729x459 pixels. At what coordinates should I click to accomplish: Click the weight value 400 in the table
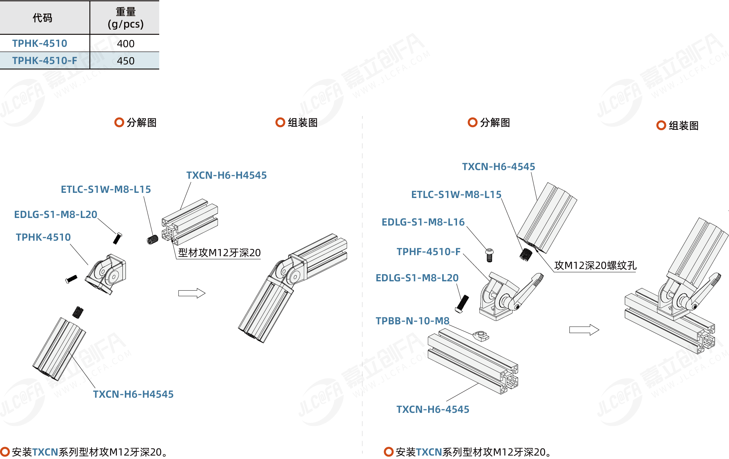[x=126, y=44]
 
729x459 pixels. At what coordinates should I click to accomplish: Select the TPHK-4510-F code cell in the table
[x=45, y=61]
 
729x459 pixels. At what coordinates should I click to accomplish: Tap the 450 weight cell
[x=126, y=61]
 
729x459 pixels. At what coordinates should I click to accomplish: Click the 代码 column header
[x=42, y=18]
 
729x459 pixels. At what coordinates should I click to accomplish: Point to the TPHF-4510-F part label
[x=428, y=252]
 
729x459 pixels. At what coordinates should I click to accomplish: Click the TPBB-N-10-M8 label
[x=412, y=321]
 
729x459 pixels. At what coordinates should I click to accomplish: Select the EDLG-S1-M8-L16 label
[x=423, y=222]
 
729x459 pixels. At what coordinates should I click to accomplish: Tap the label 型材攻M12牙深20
[x=219, y=253]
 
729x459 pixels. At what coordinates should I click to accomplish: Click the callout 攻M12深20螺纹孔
[x=595, y=265]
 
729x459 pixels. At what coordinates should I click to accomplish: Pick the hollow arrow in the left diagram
[x=192, y=293]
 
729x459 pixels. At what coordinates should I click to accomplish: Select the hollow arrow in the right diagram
[x=584, y=330]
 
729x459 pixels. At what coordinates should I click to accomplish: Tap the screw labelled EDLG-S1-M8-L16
[x=490, y=255]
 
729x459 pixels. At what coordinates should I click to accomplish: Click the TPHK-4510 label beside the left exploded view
[x=43, y=237]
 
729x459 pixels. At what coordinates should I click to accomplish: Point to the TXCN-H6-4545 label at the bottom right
[x=433, y=409]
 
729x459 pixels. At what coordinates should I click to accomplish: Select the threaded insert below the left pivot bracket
[x=78, y=312]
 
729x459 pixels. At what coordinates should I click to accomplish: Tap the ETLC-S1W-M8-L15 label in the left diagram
[x=106, y=189]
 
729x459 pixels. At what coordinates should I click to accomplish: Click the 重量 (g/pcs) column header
[x=126, y=18]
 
